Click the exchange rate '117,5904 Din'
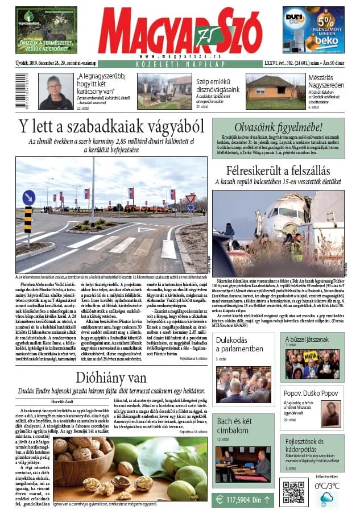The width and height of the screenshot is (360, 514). point(241,500)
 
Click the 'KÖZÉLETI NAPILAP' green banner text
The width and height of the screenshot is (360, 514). point(180,65)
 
